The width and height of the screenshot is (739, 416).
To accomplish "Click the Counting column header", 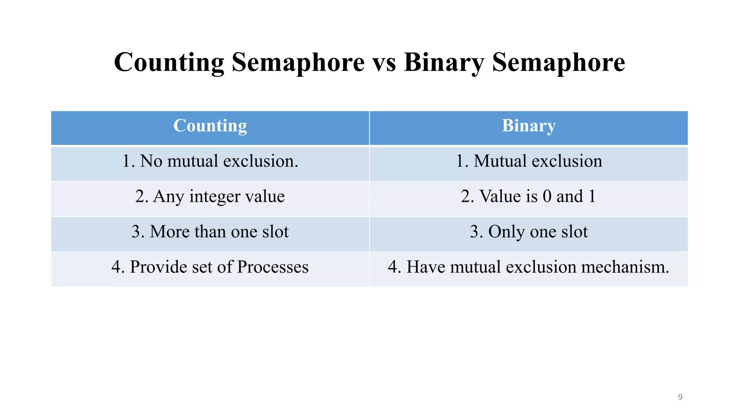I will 210,126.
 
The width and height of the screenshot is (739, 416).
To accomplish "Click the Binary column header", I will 529,126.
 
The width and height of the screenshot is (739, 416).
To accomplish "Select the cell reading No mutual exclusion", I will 210,161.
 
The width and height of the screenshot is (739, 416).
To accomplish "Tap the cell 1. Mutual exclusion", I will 529,161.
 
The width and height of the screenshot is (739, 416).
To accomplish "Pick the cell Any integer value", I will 210,196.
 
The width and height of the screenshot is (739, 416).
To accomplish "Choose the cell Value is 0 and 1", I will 529,196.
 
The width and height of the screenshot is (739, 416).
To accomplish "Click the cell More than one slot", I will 210,232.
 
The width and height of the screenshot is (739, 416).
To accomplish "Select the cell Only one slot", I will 529,232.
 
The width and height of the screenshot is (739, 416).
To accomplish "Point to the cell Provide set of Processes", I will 210,267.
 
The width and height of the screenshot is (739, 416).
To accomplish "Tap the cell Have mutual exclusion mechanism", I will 529,267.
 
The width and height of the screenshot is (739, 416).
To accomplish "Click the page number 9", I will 680,397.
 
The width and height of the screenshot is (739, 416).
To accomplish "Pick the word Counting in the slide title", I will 169,62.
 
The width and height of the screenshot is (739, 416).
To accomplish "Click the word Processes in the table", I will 273,267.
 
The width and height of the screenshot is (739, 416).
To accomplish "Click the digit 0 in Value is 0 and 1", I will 547,196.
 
